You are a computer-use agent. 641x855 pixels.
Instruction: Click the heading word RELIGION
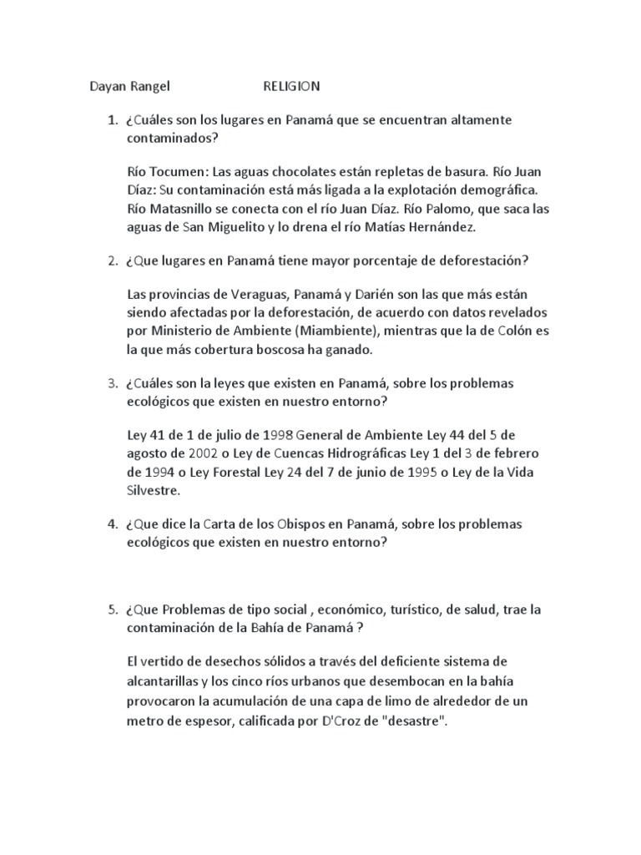(x=291, y=86)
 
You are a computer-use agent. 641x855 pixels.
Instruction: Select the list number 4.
(x=112, y=524)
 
